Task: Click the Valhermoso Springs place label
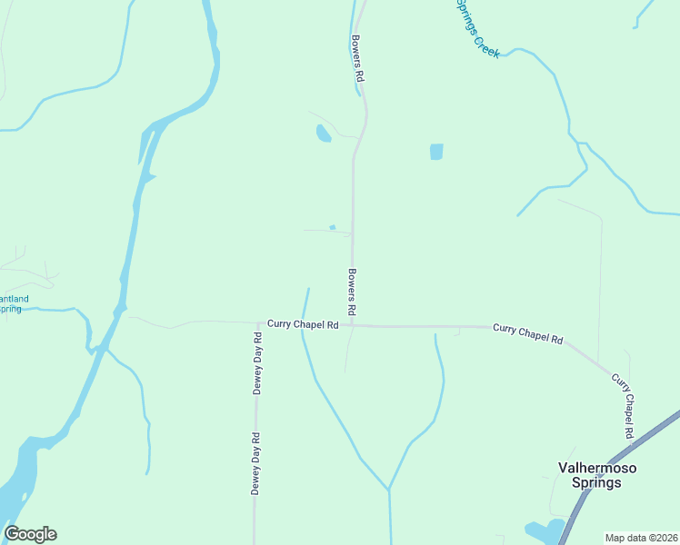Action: pos(596,475)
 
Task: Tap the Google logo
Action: pos(30,534)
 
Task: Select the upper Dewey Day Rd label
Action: pos(257,362)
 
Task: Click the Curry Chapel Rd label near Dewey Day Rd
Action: pos(303,323)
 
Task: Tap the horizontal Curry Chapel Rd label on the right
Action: pos(527,332)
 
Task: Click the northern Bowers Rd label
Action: pos(357,60)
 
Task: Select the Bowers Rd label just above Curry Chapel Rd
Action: pos(352,290)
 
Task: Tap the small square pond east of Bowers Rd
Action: pos(436,152)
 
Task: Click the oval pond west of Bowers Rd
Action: pos(323,134)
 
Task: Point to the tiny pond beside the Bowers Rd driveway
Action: pos(333,227)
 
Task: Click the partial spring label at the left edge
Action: pos(13,303)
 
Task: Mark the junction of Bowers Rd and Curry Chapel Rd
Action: pos(353,325)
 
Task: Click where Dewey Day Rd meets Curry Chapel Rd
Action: pos(256,322)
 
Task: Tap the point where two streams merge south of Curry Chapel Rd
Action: pos(389,490)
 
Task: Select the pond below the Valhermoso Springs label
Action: pos(544,530)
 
